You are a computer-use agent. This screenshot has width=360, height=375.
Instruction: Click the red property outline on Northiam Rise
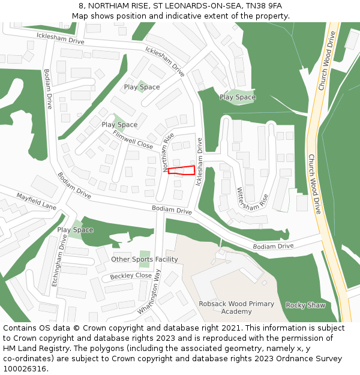[182, 170]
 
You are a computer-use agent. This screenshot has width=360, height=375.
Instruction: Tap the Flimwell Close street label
[133, 140]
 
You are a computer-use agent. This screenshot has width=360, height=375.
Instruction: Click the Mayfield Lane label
[36, 200]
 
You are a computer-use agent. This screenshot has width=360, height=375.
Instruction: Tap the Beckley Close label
[131, 276]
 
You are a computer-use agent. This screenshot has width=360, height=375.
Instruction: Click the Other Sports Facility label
[145, 259]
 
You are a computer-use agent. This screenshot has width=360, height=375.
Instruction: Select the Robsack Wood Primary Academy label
[236, 308]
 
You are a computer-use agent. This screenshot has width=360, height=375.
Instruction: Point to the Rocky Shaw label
[305, 305]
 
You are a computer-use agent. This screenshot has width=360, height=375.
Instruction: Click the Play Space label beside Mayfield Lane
[75, 230]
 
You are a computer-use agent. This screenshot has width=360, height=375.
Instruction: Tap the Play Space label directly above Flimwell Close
[119, 125]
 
